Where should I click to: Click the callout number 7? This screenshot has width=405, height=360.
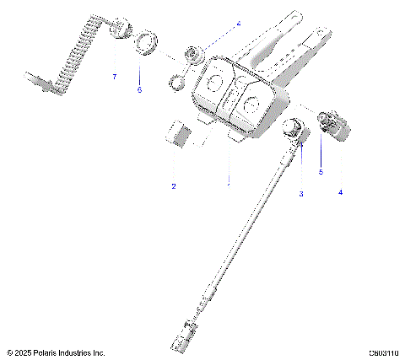pos(115,77)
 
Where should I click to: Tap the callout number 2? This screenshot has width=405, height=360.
pos(173,185)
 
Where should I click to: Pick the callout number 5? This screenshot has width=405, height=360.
pos(321,172)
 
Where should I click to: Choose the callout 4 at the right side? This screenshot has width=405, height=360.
pos(341,192)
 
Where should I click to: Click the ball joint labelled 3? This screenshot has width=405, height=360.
pos(293,131)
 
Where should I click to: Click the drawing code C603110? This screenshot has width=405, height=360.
pos(383,352)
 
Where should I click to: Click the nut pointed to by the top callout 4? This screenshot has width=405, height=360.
pos(194,55)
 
